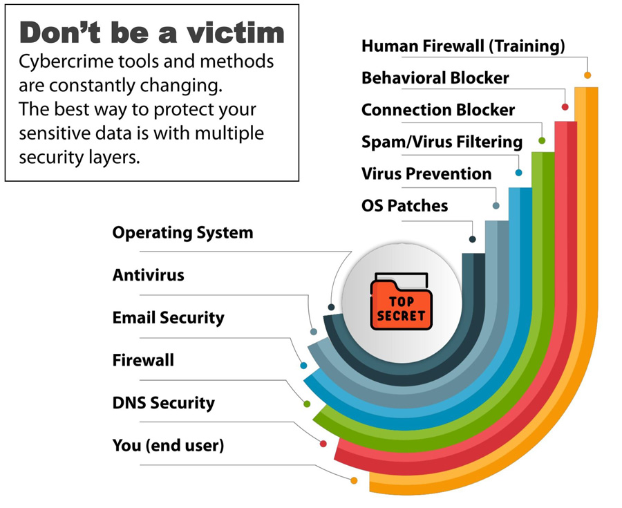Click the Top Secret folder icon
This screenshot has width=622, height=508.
[x=401, y=301]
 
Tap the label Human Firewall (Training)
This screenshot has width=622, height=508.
[x=463, y=46]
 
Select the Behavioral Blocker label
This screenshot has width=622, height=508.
[x=435, y=77]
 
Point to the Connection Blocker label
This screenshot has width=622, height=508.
[x=438, y=110]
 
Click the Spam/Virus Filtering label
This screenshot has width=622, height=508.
[x=442, y=142]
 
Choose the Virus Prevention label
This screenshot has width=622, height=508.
[x=426, y=173]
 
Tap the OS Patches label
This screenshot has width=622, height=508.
[x=404, y=206]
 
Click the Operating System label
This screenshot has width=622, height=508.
[x=182, y=233]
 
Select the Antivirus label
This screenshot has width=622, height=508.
[x=149, y=275]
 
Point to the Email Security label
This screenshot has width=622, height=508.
[x=168, y=318]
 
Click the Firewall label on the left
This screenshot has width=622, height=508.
[x=143, y=360]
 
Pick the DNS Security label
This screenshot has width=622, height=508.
[x=163, y=403]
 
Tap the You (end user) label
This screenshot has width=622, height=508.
[x=168, y=446]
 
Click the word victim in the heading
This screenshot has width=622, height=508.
[x=236, y=32]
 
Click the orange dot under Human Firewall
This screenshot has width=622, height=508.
[x=587, y=75]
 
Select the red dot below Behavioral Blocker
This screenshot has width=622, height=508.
[x=565, y=107]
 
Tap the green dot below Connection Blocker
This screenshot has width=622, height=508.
[x=542, y=140]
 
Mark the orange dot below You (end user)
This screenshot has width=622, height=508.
[x=354, y=480]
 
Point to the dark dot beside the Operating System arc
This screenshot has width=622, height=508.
[x=331, y=308]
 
